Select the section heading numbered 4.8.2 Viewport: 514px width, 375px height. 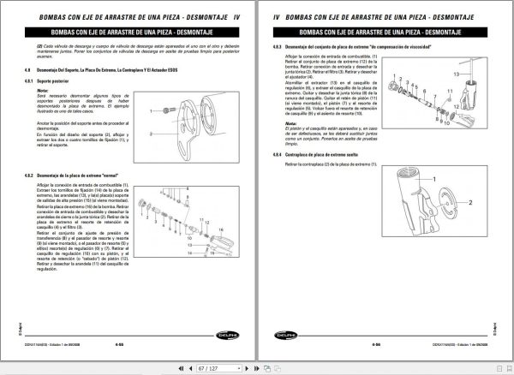point(77,175)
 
